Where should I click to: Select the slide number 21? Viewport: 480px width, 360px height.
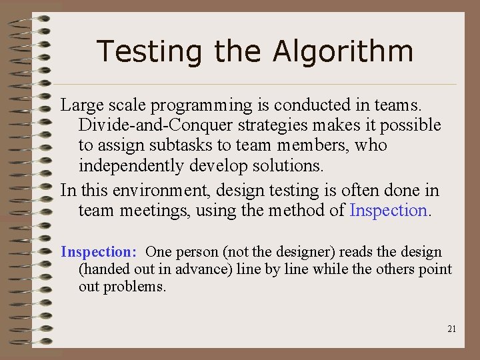click(x=452, y=329)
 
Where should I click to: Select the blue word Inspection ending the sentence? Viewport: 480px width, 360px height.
click(x=389, y=211)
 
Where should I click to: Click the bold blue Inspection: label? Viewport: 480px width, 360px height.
click(x=99, y=252)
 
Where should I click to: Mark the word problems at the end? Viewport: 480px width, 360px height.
click(x=137, y=287)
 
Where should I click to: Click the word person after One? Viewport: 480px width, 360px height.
click(x=194, y=252)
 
